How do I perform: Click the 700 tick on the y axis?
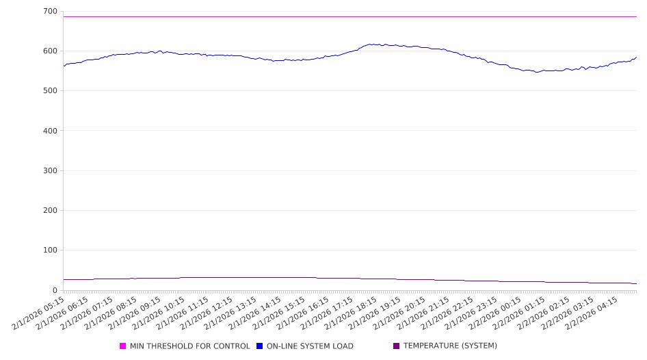(x=49, y=12)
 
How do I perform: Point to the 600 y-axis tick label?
(x=49, y=51)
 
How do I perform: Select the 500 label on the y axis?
(x=49, y=91)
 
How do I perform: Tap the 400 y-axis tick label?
(x=49, y=131)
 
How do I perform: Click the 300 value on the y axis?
(x=49, y=171)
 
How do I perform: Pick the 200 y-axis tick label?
(x=49, y=211)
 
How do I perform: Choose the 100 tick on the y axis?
(x=49, y=250)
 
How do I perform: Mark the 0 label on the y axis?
(x=55, y=290)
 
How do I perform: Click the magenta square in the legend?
(x=123, y=346)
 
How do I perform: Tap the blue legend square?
(x=260, y=346)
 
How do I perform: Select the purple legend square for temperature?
(x=397, y=346)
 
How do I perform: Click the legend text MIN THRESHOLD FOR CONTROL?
(x=189, y=346)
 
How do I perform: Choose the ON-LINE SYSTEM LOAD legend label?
(x=310, y=346)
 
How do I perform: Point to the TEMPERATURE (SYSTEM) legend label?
(x=450, y=346)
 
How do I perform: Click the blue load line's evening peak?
(x=371, y=44)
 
